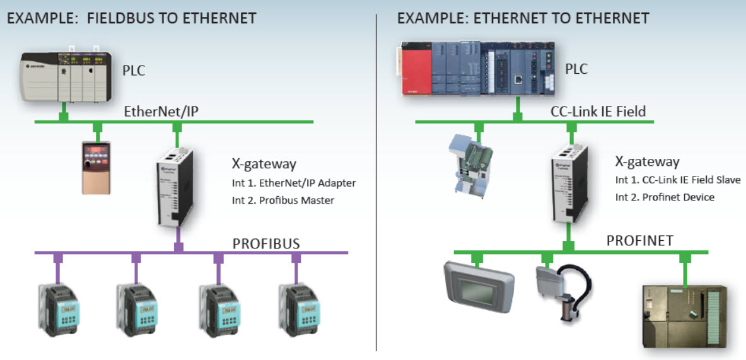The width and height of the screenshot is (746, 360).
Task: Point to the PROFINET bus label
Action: pos(639,240)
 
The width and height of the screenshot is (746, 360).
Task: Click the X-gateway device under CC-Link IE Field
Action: pos(568,183)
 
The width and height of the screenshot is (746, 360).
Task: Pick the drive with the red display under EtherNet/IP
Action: pos(96,167)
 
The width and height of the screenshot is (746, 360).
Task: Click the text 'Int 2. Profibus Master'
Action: pos(284,200)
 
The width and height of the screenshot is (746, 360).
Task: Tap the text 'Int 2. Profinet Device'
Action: pos(665,197)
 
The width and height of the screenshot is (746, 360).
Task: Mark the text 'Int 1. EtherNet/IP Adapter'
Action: pos(294,183)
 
